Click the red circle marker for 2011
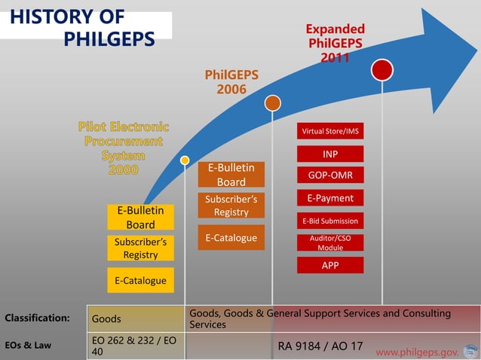[382, 70]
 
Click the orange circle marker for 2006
[273, 103]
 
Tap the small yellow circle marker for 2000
[185, 160]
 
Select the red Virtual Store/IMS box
[330, 131]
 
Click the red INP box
[330, 154]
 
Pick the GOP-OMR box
[330, 175]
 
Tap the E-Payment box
[330, 198]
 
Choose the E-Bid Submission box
[330, 221]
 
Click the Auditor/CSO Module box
[330, 243]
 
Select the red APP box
[330, 265]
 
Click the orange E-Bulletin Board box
[231, 175]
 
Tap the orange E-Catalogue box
[231, 238]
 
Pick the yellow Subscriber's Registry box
[140, 249]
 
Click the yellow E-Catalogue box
[140, 280]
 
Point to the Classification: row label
[38, 319]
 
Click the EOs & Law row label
[27, 346]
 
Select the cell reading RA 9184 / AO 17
[320, 346]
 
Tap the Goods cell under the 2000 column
[106, 319]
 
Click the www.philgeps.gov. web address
[417, 352]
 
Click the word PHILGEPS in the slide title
[109, 38]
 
